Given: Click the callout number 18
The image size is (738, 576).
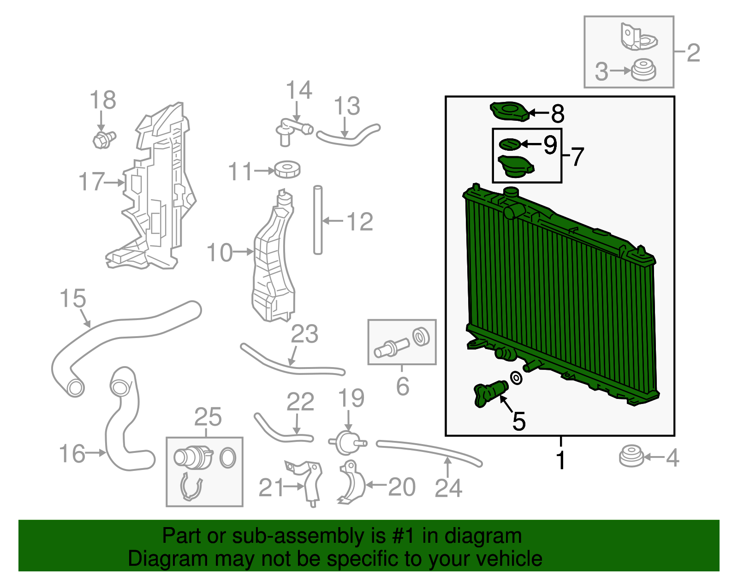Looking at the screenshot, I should (102, 100).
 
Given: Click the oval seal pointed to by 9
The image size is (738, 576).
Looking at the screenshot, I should (510, 144).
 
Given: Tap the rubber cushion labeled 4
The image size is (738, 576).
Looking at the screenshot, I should (631, 457).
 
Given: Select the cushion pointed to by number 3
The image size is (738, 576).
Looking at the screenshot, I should (643, 70).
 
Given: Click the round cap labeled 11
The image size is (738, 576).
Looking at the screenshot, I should (287, 169).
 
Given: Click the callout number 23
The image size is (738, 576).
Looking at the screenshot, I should (304, 334).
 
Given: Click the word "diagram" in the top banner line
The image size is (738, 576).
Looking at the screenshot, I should (483, 536).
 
